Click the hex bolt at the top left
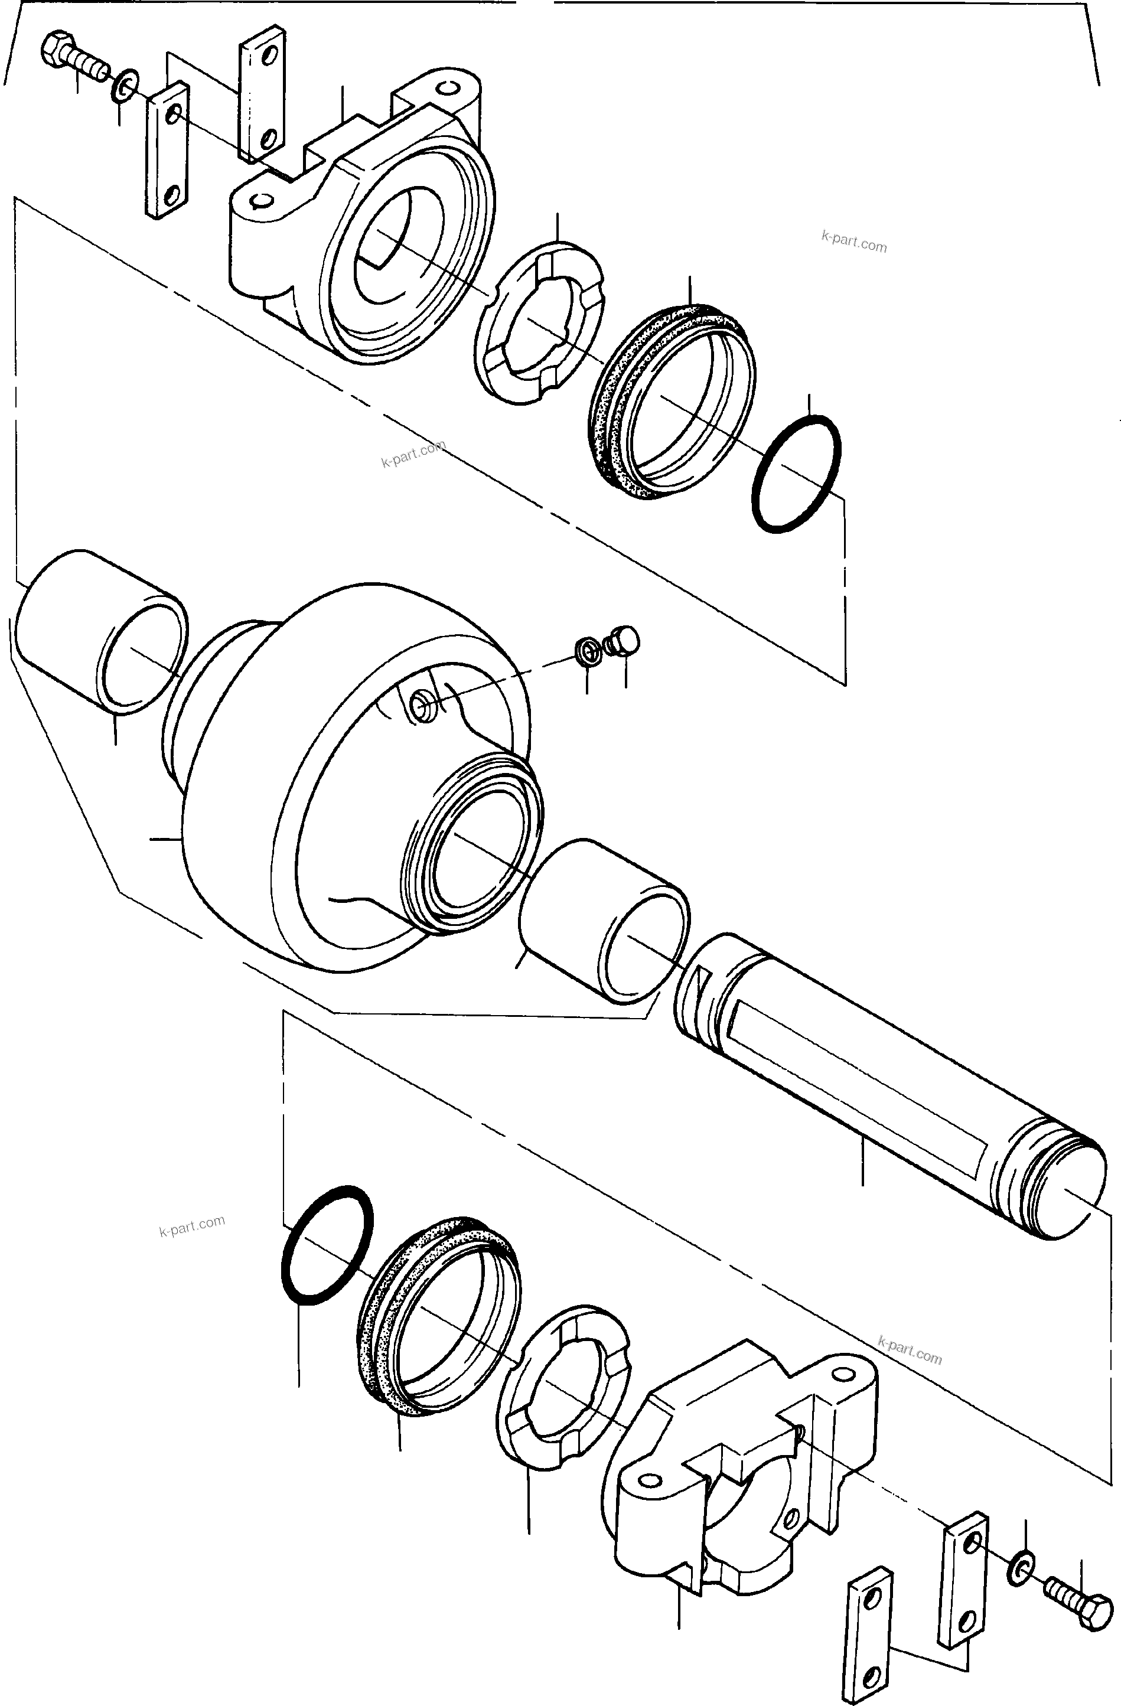point(71,54)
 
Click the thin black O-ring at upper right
point(796,474)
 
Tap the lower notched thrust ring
point(563,1387)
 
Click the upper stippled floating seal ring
point(670,402)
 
